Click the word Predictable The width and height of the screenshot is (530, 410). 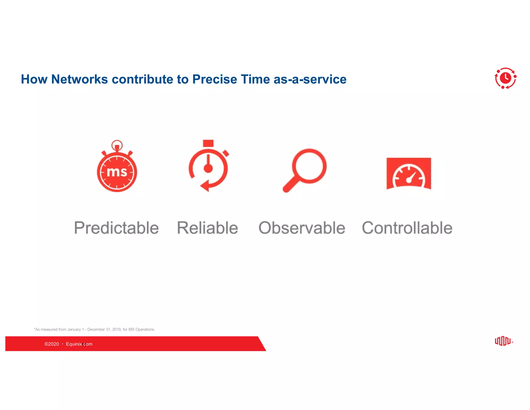point(116,228)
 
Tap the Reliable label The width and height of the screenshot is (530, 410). point(208,228)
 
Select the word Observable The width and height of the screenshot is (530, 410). point(302,228)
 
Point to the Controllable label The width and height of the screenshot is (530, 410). point(407,228)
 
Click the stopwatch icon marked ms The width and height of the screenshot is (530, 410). point(117,167)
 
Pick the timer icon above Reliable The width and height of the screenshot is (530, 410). point(208,166)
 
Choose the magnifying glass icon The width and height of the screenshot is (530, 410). point(305,170)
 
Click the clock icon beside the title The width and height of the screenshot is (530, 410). point(505,78)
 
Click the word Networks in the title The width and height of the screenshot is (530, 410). point(79,79)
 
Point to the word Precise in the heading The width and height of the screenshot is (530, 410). point(215,79)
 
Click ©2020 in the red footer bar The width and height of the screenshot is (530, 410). point(52,344)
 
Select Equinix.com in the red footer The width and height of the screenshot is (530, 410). point(79,344)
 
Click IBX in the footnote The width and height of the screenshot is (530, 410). point(131,329)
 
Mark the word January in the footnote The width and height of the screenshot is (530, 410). point(74,329)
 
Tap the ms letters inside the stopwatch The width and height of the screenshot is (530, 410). point(117,172)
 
